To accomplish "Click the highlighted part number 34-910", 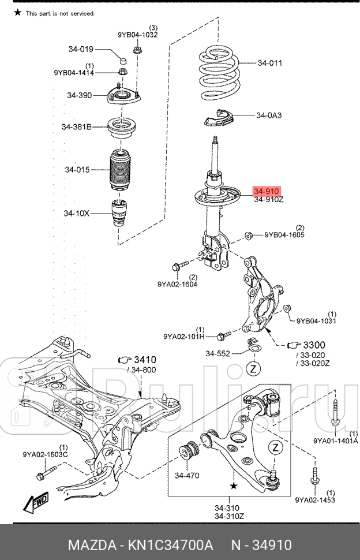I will coord(267,191).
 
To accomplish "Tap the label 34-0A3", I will coord(269,115).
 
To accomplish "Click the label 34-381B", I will coord(77,127).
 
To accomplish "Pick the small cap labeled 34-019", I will coord(122,59).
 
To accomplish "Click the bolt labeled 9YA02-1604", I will coord(178,267).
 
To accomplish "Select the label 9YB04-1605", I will coord(285,235).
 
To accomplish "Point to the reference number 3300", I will coord(315,345).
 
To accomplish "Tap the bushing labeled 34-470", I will coord(189,450).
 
